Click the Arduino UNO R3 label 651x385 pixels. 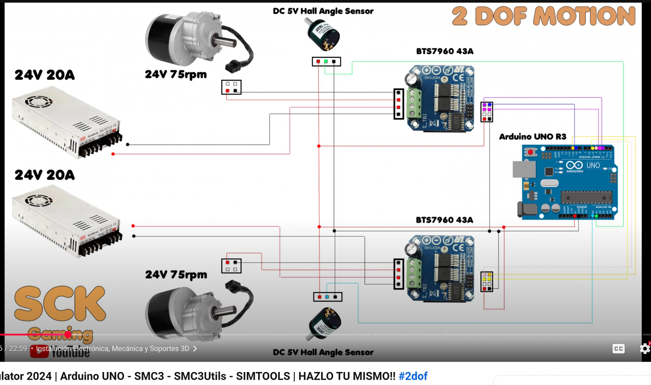pyautogui.click(x=533, y=136)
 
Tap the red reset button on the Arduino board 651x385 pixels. pyautogui.click(x=530, y=152)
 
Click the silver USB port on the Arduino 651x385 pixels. pyautogui.click(x=524, y=169)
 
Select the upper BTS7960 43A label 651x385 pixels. pyautogui.click(x=445, y=51)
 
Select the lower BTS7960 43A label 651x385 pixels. pyautogui.click(x=444, y=220)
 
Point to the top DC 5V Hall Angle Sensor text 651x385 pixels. pyautogui.click(x=323, y=11)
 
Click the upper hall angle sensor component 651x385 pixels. pyautogui.click(x=323, y=34)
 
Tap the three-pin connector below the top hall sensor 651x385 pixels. pyautogui.click(x=326, y=62)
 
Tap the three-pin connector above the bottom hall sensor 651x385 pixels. pyautogui.click(x=328, y=297)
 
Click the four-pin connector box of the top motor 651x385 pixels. pyautogui.click(x=231, y=87)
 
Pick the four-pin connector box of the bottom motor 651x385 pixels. pyautogui.click(x=231, y=266)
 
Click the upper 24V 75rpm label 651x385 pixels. pyautogui.click(x=176, y=75)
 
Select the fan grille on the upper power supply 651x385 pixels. pyautogui.click(x=39, y=101)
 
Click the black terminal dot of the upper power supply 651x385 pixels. pyautogui.click(x=128, y=145)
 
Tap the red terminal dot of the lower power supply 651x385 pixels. pyautogui.click(x=133, y=226)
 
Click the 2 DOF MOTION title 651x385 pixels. pyautogui.click(x=544, y=16)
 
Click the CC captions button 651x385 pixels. pyautogui.click(x=618, y=349)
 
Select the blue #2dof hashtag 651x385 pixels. pyautogui.click(x=413, y=376)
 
